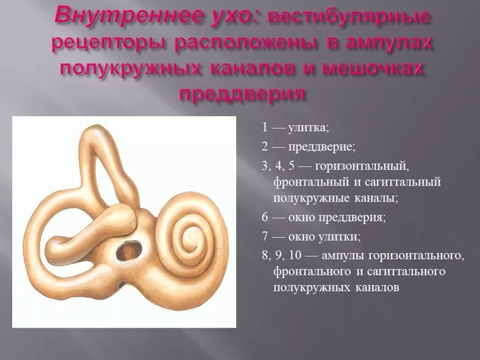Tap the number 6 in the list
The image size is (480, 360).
(265, 217)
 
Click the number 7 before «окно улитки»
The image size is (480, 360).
(265, 237)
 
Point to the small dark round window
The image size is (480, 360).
(121, 284)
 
